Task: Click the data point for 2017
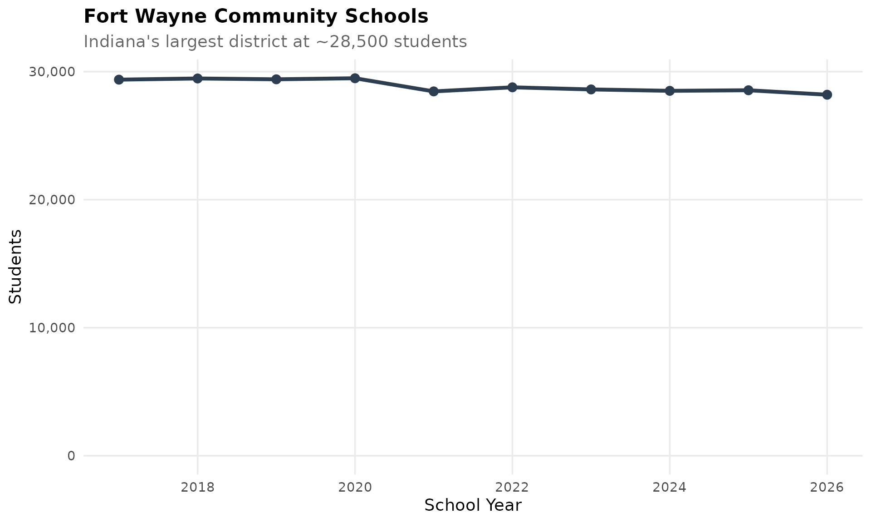tap(119, 80)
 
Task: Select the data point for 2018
tap(197, 79)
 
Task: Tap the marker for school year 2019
tap(276, 79)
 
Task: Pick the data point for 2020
tap(355, 78)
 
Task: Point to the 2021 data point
tap(434, 91)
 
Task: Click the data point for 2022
tap(512, 87)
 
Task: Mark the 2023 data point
tap(591, 89)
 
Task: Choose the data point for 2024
tap(670, 91)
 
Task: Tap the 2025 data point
tap(749, 90)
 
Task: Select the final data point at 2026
tap(827, 94)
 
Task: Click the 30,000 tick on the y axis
tap(52, 72)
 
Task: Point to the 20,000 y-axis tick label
tap(52, 200)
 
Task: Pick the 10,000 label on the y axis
tap(52, 328)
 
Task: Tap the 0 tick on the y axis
tap(71, 456)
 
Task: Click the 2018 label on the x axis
tap(197, 488)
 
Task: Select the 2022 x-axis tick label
tap(512, 488)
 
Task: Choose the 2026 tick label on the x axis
tap(827, 488)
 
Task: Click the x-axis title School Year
tap(473, 505)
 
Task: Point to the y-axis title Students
tap(15, 266)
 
